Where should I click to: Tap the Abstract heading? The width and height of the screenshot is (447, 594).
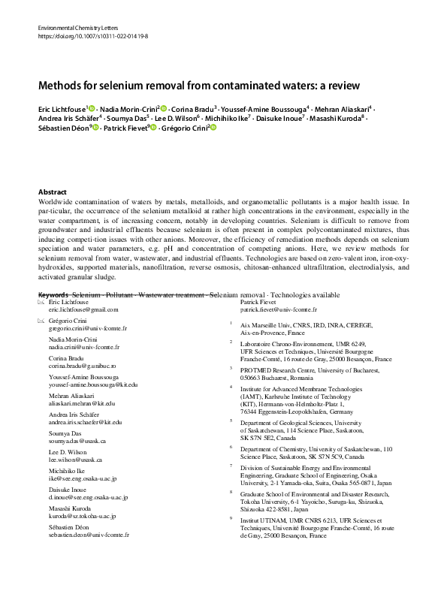(52, 192)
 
